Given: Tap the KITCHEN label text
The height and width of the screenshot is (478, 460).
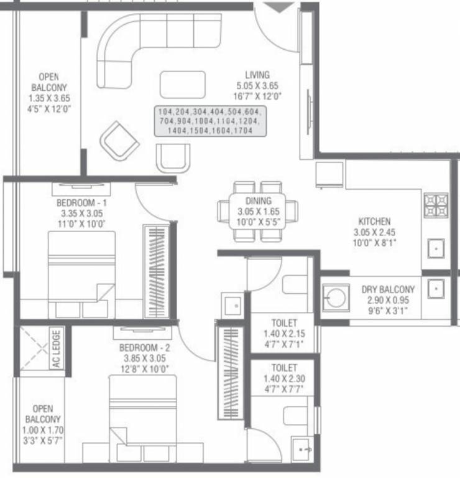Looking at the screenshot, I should click(374, 221).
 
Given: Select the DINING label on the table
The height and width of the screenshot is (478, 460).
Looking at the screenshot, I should click(258, 201).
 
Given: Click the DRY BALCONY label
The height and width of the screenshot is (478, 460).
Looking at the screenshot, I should click(389, 290).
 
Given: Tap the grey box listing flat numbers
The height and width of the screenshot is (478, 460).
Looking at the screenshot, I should click(210, 121).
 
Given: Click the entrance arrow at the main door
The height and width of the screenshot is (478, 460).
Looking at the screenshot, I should click(275, 7).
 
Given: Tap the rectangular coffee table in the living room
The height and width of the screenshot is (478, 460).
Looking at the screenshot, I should click(182, 84).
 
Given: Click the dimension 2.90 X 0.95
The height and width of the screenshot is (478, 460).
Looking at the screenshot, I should click(389, 300).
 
